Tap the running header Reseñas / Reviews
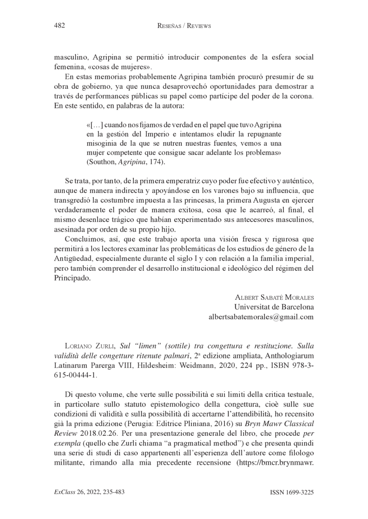click(x=184, y=26)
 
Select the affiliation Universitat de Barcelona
click(x=274, y=307)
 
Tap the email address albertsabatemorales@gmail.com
click(x=261, y=317)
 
